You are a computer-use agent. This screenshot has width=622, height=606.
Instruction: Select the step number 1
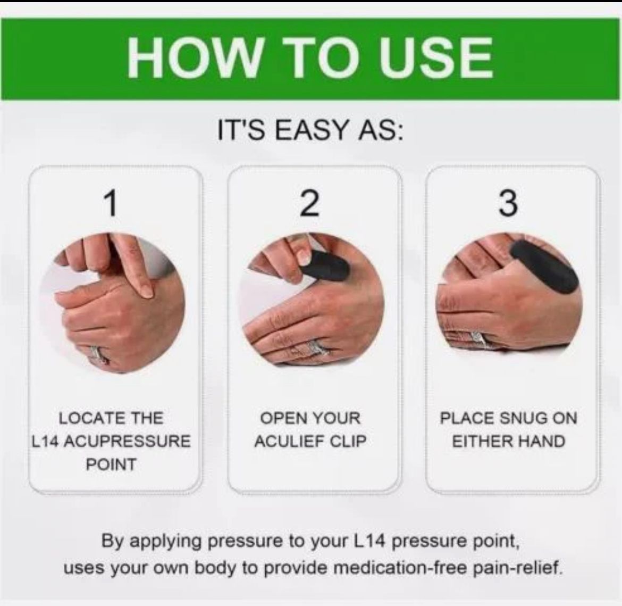[x=112, y=203]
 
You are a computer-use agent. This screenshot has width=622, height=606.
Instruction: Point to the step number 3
[x=508, y=203]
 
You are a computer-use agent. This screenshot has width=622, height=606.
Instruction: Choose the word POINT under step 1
[x=111, y=464]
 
